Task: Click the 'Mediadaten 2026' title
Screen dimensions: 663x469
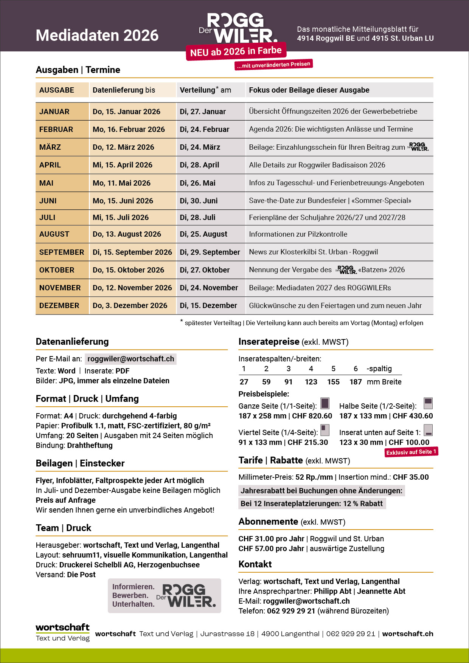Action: pos(97,36)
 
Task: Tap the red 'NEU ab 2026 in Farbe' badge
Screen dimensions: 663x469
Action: pos(236,51)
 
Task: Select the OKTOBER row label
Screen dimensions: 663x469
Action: pos(57,270)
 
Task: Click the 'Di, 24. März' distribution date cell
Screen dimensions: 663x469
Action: pos(200,147)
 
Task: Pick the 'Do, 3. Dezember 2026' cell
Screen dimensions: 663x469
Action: pos(130,305)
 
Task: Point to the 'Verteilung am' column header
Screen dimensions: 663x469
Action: pos(205,90)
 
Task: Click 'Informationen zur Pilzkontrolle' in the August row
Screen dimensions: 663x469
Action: pos(298,234)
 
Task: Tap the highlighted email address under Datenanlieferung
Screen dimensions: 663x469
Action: pos(130,359)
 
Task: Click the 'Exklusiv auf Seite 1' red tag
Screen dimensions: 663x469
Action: pos(411,452)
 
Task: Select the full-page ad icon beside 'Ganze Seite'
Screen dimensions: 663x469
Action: pos(325,403)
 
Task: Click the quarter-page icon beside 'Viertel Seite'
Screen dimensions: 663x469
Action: pos(325,430)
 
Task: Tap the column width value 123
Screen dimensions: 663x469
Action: pos(311,382)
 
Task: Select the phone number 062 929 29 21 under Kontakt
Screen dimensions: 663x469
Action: pos(291,611)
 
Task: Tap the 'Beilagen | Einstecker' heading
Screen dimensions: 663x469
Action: pos(80,463)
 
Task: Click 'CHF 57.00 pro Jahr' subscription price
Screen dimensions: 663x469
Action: pos(271,548)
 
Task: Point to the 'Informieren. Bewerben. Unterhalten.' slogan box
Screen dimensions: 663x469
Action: pos(164,595)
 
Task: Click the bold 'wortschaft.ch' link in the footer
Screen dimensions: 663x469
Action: pos(408,634)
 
